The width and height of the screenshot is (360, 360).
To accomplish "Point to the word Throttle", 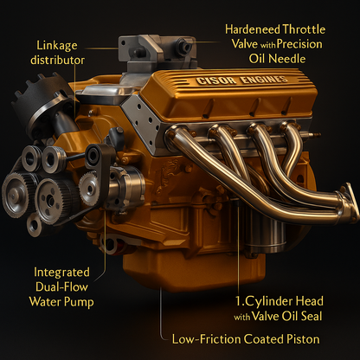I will click(304, 29).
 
